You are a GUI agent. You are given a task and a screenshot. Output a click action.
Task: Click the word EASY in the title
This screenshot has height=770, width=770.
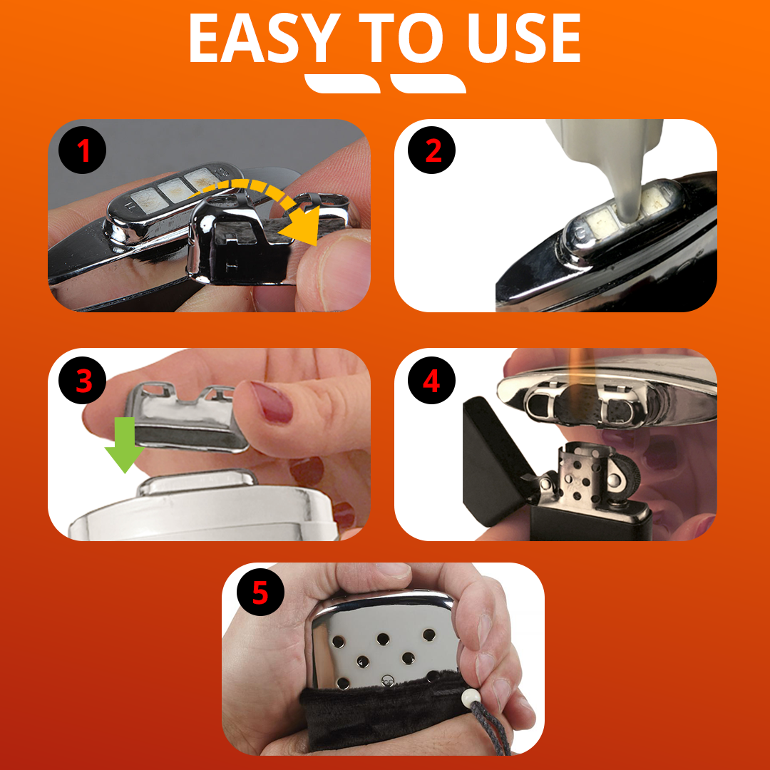click(265, 38)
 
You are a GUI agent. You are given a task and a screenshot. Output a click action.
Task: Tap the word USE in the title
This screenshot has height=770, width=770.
click(524, 38)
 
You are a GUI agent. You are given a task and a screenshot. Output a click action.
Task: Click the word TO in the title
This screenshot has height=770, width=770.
click(401, 38)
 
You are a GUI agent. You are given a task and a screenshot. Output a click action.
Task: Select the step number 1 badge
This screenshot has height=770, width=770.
click(83, 150)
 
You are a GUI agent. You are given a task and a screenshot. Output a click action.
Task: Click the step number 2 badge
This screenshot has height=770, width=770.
click(431, 150)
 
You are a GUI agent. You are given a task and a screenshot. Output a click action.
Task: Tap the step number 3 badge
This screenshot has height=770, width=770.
click(83, 380)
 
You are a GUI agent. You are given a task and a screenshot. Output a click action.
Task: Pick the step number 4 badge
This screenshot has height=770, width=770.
click(431, 380)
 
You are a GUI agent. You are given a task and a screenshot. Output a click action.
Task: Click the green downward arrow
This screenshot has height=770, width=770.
click(125, 444)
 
